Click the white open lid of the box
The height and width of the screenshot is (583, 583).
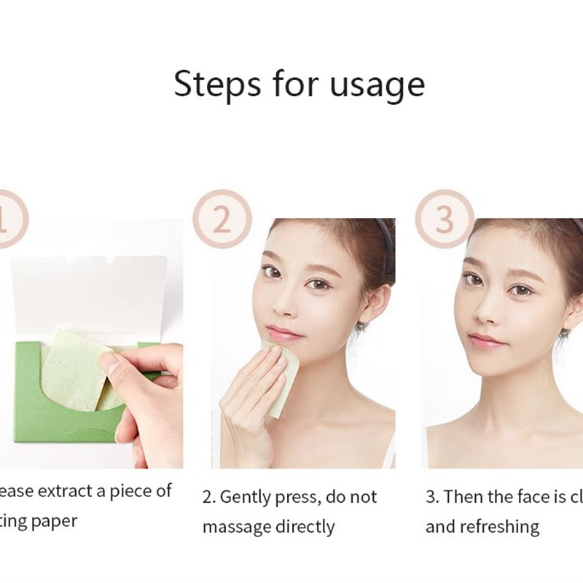91,288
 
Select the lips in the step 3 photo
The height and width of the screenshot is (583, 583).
485,341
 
